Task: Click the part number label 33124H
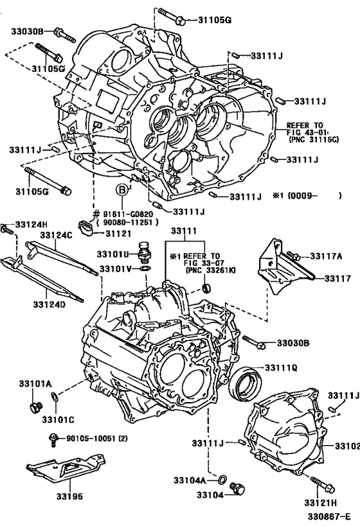pyautogui.click(x=32, y=224)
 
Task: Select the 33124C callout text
pyautogui.click(x=57, y=236)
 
